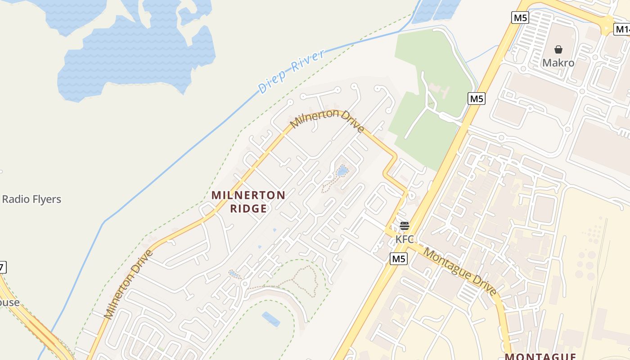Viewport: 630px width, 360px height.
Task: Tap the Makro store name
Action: (558, 63)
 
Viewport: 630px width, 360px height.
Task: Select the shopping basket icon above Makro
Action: (558, 49)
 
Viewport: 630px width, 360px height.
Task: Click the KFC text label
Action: (404, 239)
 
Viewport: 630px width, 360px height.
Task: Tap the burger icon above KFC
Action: (404, 226)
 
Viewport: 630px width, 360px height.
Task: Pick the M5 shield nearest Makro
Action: (520, 18)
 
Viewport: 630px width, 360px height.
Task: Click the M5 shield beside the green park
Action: (476, 98)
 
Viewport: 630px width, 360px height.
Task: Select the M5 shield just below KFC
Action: (398, 259)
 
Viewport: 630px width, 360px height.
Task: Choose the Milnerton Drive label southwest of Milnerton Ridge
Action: (129, 284)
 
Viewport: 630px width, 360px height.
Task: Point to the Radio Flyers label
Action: (31, 199)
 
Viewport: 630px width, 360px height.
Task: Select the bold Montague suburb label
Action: (540, 356)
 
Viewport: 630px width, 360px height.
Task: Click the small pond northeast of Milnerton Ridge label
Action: (342, 171)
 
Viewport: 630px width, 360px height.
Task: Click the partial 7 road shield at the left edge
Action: (2, 267)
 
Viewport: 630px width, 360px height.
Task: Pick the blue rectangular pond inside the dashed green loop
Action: (271, 319)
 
